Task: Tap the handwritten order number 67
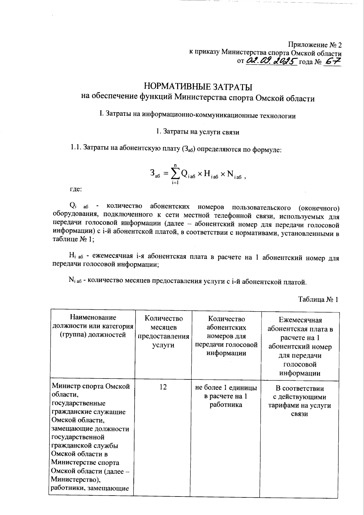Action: [332, 61]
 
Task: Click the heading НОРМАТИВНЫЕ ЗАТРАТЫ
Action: [198, 87]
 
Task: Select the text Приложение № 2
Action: [315, 45]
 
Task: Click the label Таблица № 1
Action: [318, 299]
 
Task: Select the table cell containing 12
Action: [163, 387]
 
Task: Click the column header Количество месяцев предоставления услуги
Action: [163, 331]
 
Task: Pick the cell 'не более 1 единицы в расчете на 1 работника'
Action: [226, 396]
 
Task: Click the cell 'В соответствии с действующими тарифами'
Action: [299, 401]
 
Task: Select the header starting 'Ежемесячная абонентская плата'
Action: [300, 346]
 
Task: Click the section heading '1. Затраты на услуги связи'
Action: [197, 132]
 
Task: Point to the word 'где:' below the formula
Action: [74, 189]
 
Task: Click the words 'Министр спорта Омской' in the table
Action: [91, 386]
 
